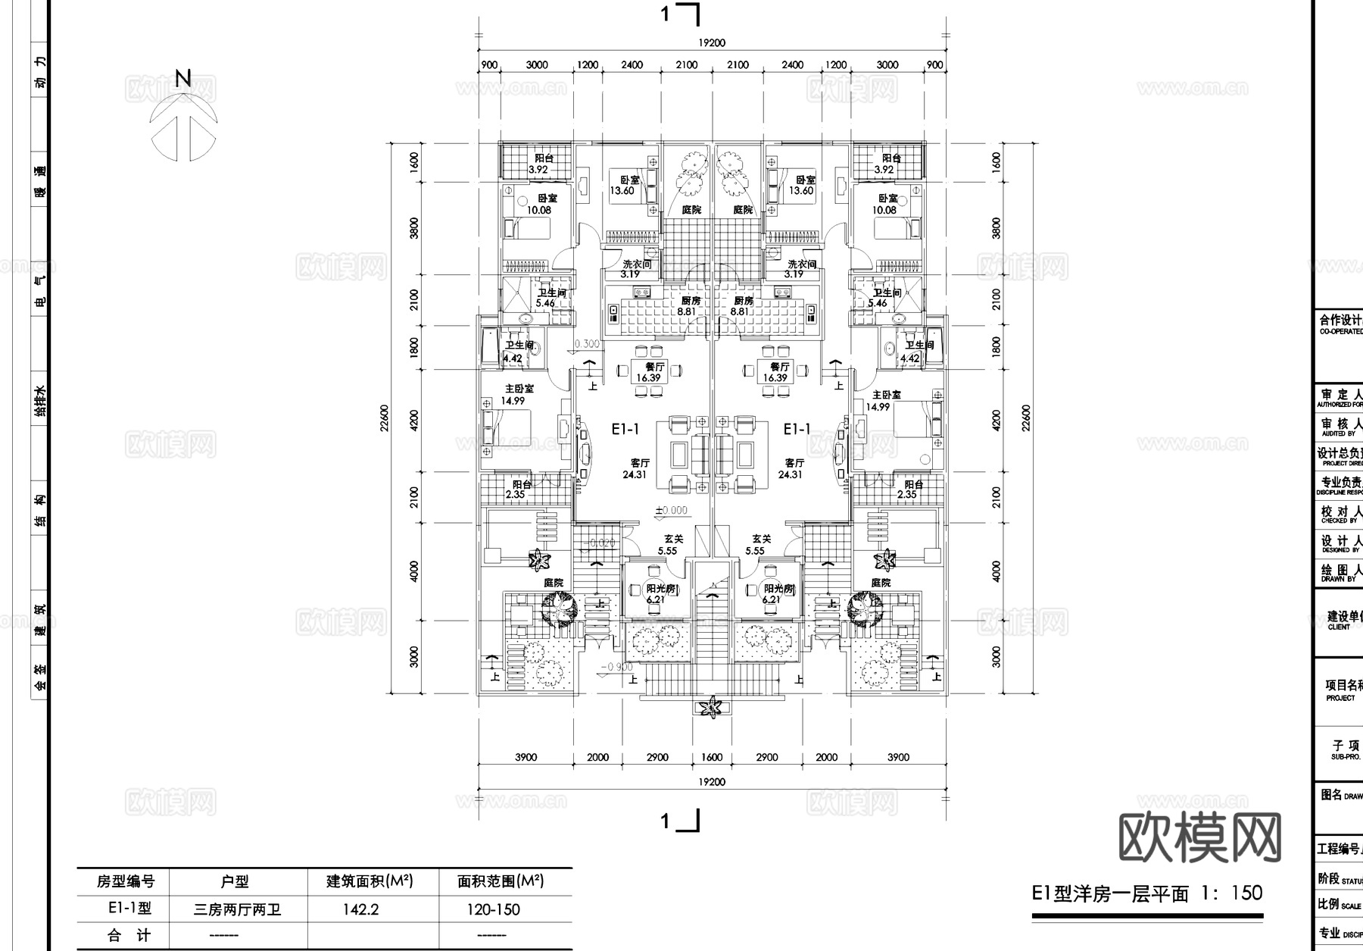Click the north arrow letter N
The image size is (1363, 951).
pos(183,78)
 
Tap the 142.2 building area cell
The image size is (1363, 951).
pos(360,909)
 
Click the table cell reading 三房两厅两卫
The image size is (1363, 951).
pos(237,909)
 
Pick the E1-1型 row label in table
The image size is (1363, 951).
pos(129,909)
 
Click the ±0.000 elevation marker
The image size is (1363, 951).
pos(672,511)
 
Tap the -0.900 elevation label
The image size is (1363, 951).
pos(617,668)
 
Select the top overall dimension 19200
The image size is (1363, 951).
pos(712,43)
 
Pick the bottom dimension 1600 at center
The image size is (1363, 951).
pos(712,757)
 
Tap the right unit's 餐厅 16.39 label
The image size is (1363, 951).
pos(775,372)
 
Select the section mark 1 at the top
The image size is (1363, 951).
pos(666,14)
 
